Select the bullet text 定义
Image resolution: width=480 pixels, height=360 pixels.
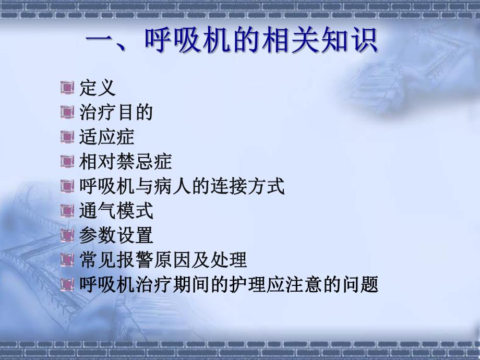(98, 88)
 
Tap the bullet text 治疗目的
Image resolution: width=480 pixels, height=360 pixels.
(116, 113)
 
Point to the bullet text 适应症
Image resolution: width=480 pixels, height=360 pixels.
(107, 137)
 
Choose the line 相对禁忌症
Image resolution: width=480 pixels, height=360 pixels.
(125, 162)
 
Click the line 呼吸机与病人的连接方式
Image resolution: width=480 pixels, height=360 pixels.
(182, 186)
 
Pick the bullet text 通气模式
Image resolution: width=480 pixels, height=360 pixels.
(116, 211)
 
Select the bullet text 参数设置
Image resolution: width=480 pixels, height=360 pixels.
(116, 235)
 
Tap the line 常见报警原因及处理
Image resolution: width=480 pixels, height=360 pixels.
(163, 260)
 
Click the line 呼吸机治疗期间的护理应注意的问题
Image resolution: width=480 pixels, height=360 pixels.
(229, 284)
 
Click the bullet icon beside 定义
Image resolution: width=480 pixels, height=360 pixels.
(67, 88)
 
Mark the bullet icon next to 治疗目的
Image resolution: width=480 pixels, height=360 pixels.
(67, 113)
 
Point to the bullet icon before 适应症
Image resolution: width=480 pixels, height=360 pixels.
(67, 137)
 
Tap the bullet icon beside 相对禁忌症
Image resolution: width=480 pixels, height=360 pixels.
(67, 162)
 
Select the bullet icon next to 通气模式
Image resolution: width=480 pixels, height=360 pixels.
(67, 211)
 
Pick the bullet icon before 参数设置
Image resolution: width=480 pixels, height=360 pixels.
(67, 235)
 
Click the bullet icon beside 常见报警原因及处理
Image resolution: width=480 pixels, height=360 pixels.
(67, 260)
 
